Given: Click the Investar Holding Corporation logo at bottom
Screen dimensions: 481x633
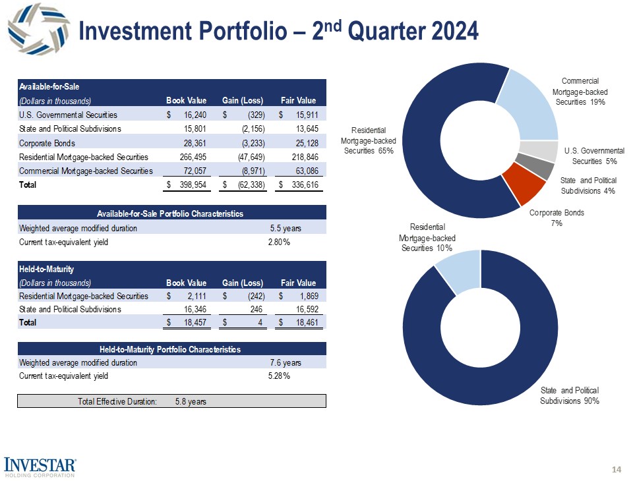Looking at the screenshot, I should coord(40,465).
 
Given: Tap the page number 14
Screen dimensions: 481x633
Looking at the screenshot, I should coord(617,469).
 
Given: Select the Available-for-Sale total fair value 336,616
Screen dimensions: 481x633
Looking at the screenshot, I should coord(301,185).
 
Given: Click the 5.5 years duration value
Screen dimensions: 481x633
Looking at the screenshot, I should coord(286,228).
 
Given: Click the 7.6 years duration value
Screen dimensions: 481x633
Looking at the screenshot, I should coord(286,362).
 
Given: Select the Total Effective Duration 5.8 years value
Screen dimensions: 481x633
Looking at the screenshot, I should coord(191,401).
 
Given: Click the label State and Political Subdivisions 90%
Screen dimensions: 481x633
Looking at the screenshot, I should coord(570,396).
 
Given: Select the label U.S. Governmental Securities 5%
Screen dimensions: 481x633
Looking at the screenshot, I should coord(594,156).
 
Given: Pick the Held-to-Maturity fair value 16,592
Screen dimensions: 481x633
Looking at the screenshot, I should coord(303,308).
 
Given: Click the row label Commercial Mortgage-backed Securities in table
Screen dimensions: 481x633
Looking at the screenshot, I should coord(86,171).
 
